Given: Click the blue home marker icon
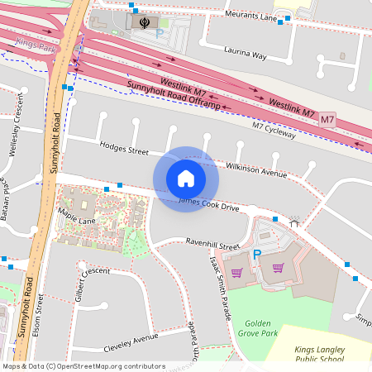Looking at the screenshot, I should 186,179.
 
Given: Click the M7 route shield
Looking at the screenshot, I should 328,120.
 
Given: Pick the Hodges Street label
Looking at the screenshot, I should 124,150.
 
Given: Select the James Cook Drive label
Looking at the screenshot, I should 209,204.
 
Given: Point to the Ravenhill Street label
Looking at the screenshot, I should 212,246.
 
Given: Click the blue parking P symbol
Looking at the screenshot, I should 256,254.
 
